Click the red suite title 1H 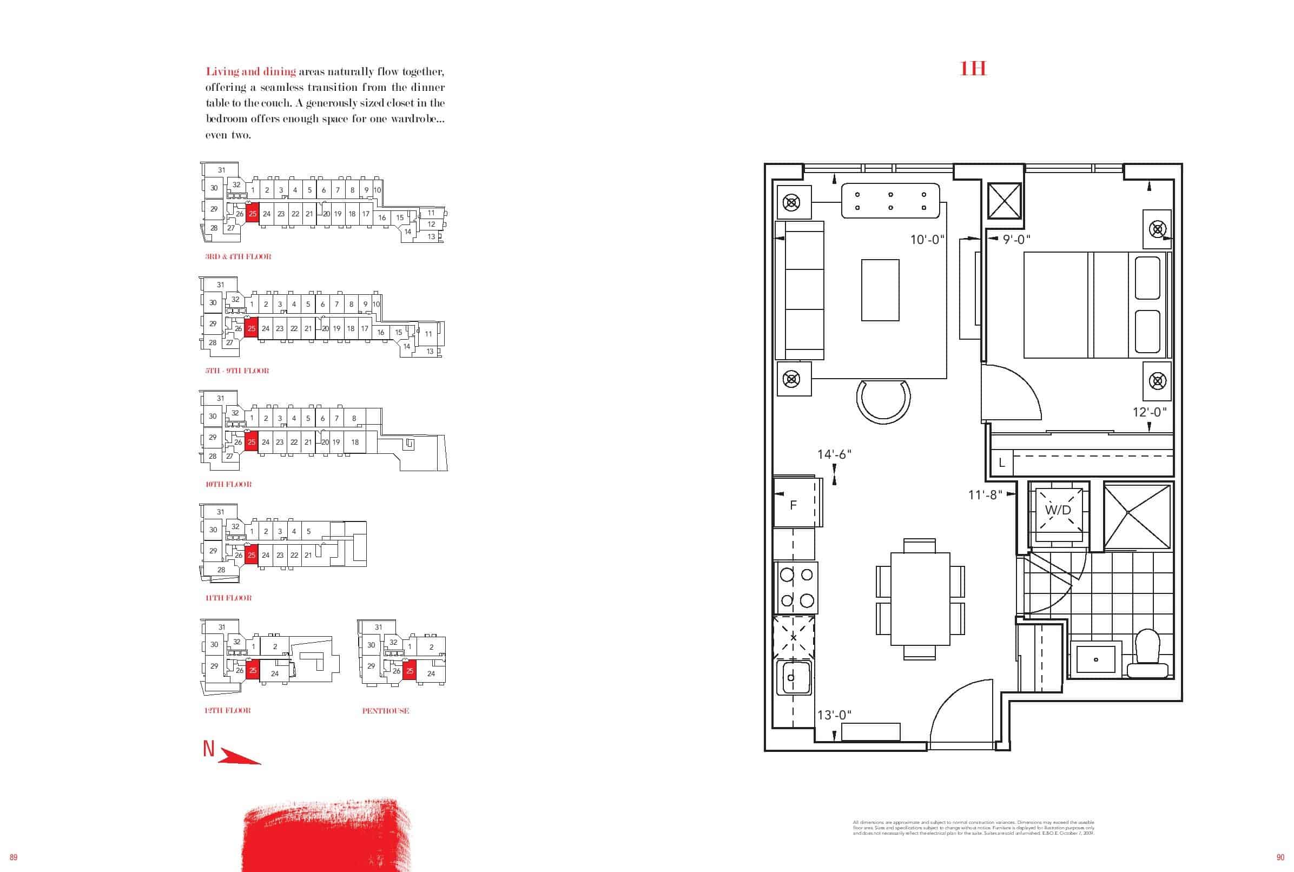pos(973,68)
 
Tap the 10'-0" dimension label pos(928,240)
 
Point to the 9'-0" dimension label pos(1016,240)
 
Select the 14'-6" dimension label pos(834,454)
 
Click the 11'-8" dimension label pos(985,494)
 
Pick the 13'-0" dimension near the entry pos(834,715)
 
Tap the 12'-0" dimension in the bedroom pos(1150,412)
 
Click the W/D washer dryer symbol pos(1058,510)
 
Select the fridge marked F pos(794,505)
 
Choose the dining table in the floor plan pos(920,598)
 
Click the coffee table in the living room pos(880,290)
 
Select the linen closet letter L pos(1001,463)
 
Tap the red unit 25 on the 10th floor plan pos(252,442)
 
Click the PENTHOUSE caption pos(385,711)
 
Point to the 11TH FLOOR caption pos(228,598)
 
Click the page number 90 pos(1280,857)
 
